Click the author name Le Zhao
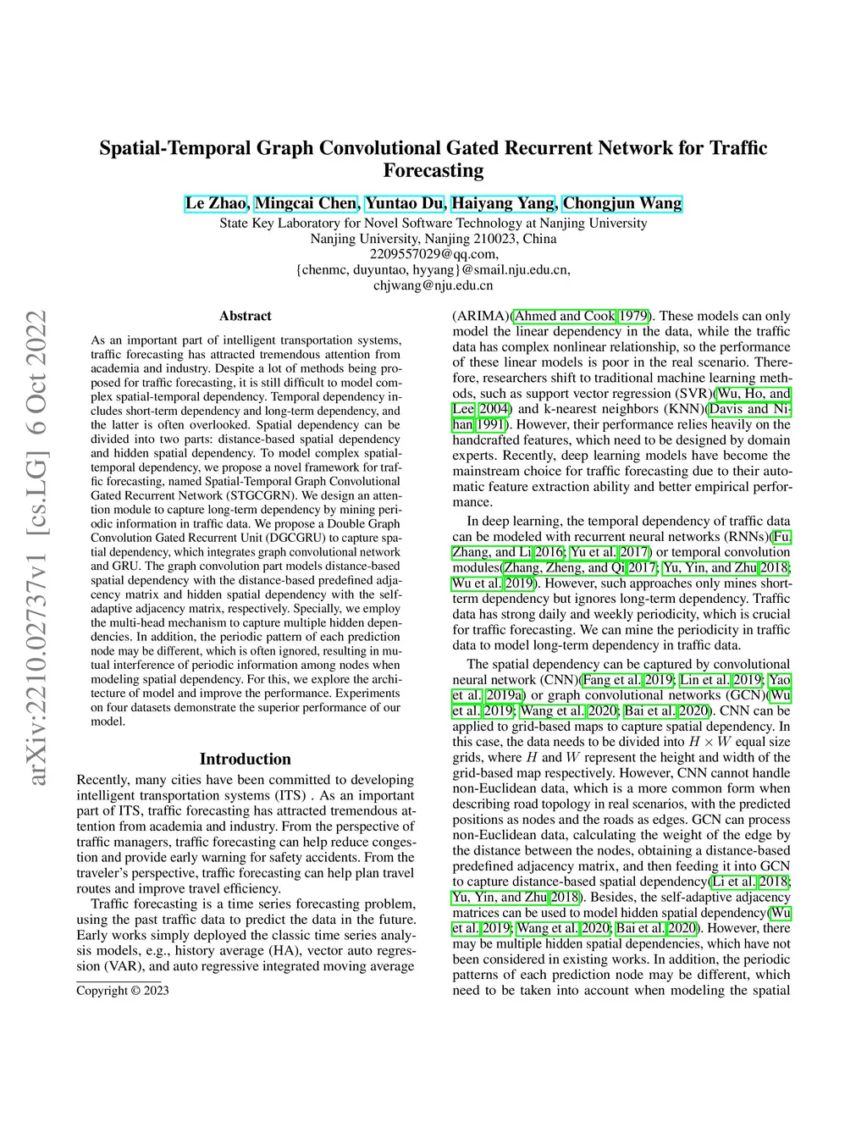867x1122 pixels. pos(216,203)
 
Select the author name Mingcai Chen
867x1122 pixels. pos(306,203)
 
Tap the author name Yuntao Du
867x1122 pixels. pos(405,203)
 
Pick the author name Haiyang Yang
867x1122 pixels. pos(503,203)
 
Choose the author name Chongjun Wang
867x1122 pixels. pos(622,203)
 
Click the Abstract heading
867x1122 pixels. pos(246,316)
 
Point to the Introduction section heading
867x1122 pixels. pos(246,759)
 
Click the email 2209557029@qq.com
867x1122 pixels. pos(433,254)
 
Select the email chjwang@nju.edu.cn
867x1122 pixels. pos(433,285)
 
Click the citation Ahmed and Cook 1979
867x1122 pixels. pos(582,316)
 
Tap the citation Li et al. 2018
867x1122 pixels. pos(750,882)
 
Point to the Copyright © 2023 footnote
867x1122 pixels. pos(123,991)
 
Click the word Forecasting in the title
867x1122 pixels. pos(433,171)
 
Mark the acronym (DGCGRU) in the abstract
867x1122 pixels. pos(292,538)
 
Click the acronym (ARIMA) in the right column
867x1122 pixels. pos(481,316)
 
